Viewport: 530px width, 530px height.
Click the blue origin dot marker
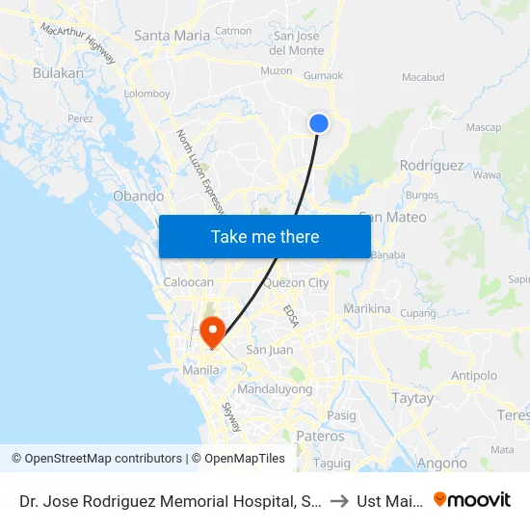(x=319, y=123)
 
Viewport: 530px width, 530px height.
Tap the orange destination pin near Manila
(x=211, y=332)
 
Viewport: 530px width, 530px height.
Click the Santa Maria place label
(x=172, y=36)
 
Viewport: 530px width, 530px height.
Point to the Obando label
(x=138, y=196)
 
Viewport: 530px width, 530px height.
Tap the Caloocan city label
(x=189, y=282)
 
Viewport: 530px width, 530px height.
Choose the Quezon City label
(x=296, y=283)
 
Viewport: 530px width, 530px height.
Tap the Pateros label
(x=321, y=437)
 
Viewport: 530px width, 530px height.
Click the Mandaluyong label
(x=275, y=389)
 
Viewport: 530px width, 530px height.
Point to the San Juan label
(x=270, y=350)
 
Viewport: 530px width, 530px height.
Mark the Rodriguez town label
(x=431, y=165)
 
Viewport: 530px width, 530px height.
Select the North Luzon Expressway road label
(x=199, y=171)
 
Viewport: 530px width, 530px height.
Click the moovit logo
(x=471, y=499)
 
